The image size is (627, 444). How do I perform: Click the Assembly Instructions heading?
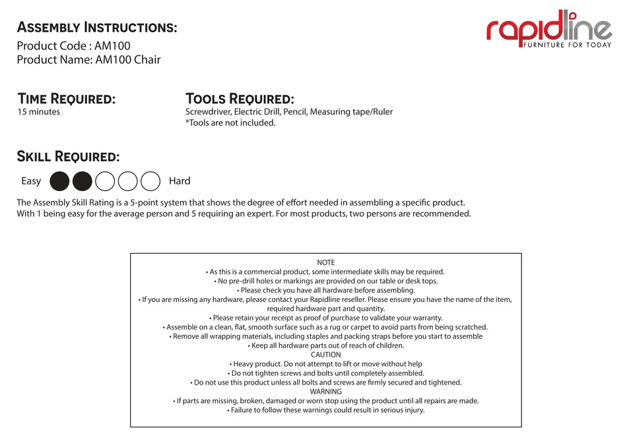point(96,28)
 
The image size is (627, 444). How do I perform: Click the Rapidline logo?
point(549,30)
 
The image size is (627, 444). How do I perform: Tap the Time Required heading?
point(66,99)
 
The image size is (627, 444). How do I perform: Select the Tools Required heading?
point(240,99)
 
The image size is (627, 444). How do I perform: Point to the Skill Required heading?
point(68,157)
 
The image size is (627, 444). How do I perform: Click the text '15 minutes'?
point(38,112)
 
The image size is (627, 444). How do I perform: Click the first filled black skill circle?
point(59,181)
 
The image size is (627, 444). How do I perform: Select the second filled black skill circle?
point(82,181)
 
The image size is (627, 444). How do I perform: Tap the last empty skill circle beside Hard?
point(150,181)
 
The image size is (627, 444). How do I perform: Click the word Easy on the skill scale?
point(31,181)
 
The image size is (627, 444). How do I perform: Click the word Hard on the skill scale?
point(180,181)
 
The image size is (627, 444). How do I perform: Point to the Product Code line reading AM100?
point(73,46)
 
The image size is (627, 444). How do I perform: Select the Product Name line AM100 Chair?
point(88,60)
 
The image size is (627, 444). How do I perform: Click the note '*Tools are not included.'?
point(230,123)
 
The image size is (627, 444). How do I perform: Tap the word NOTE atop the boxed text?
point(326,262)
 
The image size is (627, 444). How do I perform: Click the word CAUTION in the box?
point(326,355)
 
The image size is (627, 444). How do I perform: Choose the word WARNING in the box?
point(326,392)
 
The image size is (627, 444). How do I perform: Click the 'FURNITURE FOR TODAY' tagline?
point(567,45)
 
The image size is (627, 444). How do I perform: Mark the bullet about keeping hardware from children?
point(326,346)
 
